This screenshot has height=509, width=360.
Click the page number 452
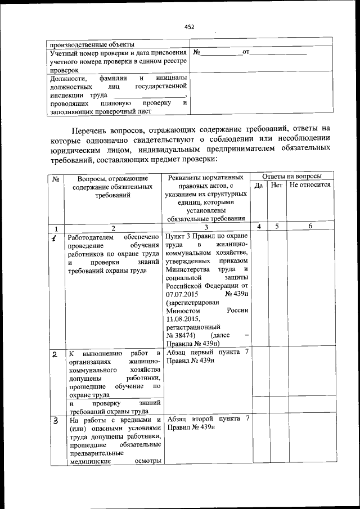tap(189, 26)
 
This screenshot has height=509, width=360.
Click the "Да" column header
tap(259, 184)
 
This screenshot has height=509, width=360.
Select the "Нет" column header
tap(276, 184)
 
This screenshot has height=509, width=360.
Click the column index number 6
tap(310, 226)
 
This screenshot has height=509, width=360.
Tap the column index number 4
tap(259, 226)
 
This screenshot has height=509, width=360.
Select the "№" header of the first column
tap(56, 179)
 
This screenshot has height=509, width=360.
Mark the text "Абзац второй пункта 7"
tap(208, 419)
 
